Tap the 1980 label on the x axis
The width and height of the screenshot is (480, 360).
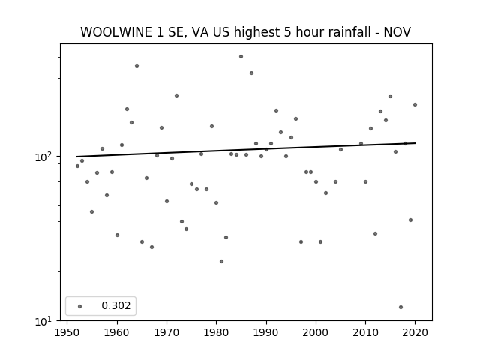(x=217, y=332)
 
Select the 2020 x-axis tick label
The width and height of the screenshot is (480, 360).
(x=415, y=332)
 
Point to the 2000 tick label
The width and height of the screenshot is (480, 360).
(x=316, y=332)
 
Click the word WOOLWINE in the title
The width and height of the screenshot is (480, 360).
(x=116, y=32)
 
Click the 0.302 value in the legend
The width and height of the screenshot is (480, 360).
(x=116, y=305)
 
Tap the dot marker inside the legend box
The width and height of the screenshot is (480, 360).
(x=80, y=306)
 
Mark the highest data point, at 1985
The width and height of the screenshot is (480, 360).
(x=241, y=57)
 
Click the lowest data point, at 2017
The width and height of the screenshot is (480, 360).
(x=400, y=307)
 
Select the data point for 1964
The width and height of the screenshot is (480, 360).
(x=136, y=65)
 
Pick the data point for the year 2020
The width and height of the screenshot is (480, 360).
(x=415, y=105)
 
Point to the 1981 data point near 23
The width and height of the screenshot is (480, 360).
(x=222, y=262)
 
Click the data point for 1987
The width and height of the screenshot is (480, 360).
(x=252, y=73)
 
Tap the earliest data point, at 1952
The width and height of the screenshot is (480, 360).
(x=77, y=166)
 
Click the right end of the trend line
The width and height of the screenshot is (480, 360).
(x=415, y=143)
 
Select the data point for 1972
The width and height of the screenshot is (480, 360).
(x=177, y=95)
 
